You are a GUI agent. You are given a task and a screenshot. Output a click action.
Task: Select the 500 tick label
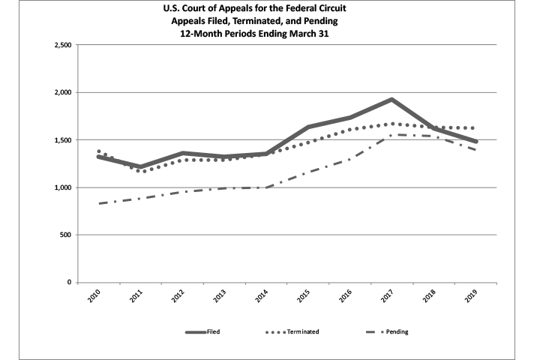point(65,235)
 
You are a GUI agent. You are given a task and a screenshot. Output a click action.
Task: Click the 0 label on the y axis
point(69,283)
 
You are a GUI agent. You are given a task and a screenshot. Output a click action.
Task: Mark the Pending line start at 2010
point(99,203)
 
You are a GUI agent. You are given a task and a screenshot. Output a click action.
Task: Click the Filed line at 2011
point(141,167)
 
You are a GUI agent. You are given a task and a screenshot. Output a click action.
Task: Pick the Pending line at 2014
point(266,187)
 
